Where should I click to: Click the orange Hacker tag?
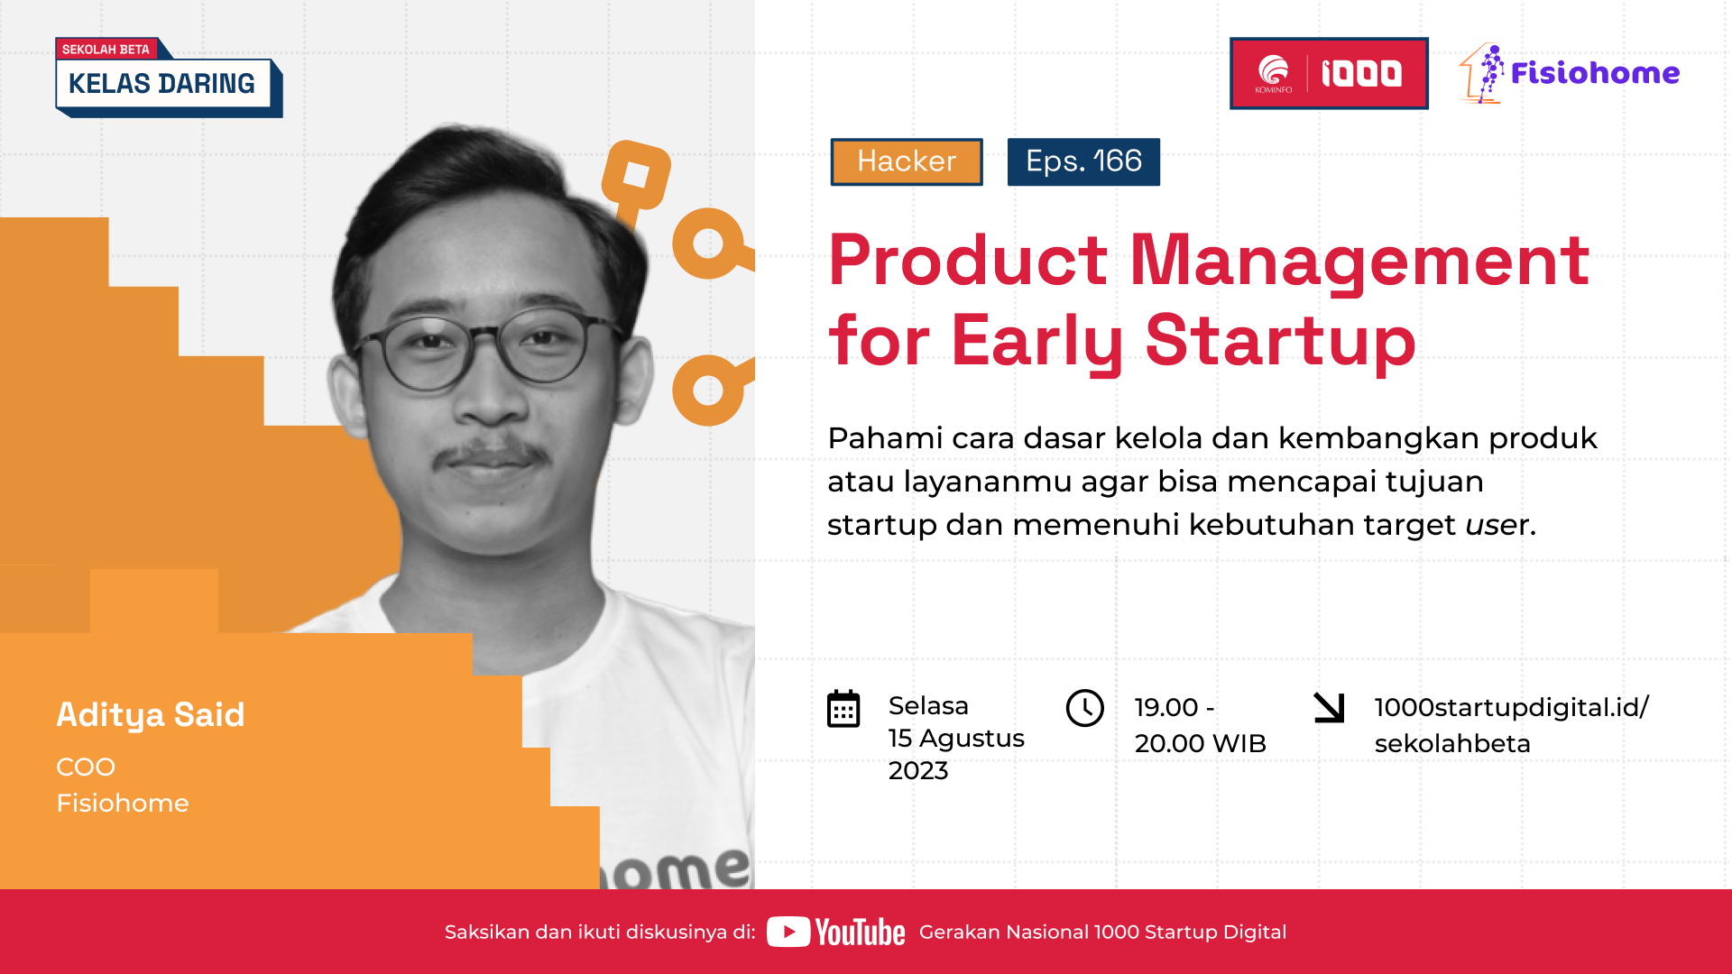[906, 161]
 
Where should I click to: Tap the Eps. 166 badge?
[1083, 161]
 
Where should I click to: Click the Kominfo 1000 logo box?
[1328, 73]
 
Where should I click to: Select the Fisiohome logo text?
[1594, 73]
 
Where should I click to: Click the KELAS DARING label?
[162, 84]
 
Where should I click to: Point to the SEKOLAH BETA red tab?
[106, 49]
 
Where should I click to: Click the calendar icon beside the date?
[843, 709]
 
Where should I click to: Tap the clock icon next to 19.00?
[1084, 708]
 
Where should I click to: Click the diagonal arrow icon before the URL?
[1329, 707]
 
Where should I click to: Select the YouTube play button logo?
[788, 932]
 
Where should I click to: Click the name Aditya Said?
[151, 714]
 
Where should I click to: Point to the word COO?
[86, 767]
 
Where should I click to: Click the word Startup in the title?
[1280, 341]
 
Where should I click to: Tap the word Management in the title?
[1359, 261]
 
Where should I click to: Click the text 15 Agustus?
[956, 738]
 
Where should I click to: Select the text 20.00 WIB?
[1200, 743]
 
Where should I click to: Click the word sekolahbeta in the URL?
[1451, 743]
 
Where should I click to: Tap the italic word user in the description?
[1497, 524]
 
